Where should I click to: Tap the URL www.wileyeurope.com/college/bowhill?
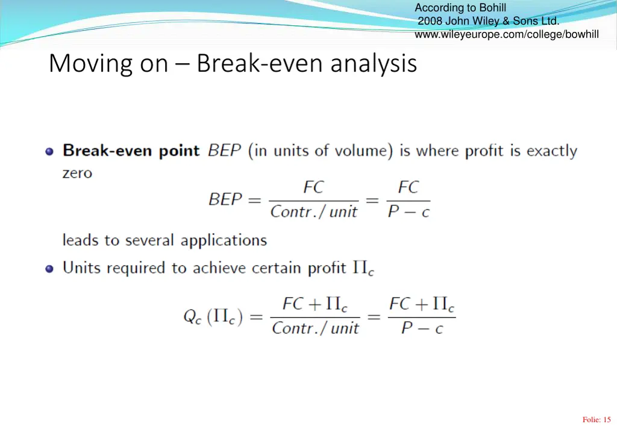[x=506, y=34]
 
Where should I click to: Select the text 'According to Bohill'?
[x=460, y=8]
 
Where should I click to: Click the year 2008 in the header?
[x=430, y=21]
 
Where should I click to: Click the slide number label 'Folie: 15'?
[x=597, y=420]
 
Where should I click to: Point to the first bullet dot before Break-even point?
[x=49, y=151]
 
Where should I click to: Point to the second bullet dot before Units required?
[x=49, y=269]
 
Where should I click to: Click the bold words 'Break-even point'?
[x=131, y=151]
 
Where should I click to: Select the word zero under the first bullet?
[x=77, y=173]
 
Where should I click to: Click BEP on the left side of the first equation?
[x=225, y=199]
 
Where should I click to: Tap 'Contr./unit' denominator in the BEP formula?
[x=313, y=212]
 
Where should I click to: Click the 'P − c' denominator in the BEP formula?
[x=408, y=212]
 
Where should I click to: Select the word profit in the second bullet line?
[x=327, y=268]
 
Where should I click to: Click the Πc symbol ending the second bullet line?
[x=363, y=269]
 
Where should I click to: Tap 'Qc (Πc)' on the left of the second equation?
[x=213, y=317]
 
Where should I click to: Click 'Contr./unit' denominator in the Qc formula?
[x=315, y=329]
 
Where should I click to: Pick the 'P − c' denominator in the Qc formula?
[x=422, y=329]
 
